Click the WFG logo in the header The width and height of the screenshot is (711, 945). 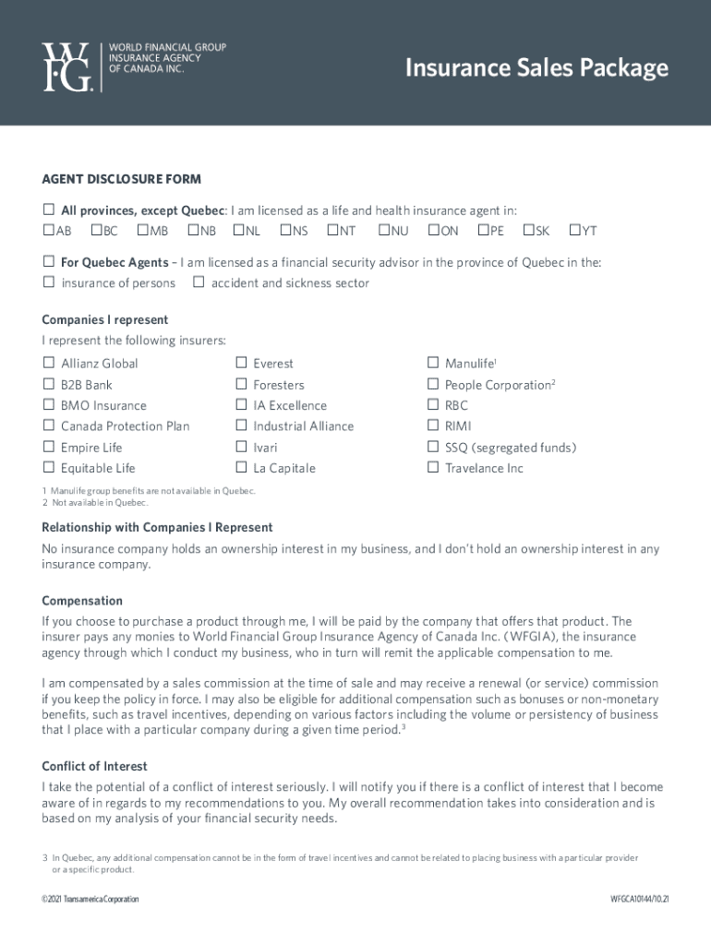[x=67, y=66]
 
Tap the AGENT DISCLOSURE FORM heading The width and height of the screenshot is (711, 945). [x=121, y=179]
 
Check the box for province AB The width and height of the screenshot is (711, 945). [x=48, y=230]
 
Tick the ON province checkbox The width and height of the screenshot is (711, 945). [x=433, y=230]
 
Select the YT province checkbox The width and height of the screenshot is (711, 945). [x=574, y=230]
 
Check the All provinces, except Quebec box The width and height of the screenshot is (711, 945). [x=48, y=209]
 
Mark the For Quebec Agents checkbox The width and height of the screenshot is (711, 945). [x=48, y=262]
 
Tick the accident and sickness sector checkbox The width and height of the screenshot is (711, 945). [x=199, y=282]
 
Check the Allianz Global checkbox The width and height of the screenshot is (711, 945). [x=48, y=363]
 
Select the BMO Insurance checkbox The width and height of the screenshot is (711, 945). [x=48, y=405]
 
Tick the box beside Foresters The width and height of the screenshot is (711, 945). [x=241, y=384]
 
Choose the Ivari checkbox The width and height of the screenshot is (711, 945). [x=241, y=447]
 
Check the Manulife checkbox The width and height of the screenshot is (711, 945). [x=432, y=363]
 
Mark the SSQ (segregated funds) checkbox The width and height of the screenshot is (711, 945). [x=432, y=447]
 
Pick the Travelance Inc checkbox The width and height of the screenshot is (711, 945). [x=432, y=468]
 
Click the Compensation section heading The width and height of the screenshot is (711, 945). [x=82, y=601]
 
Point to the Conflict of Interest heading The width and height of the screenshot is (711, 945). [x=94, y=766]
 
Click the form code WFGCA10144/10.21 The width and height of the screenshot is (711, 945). [x=639, y=899]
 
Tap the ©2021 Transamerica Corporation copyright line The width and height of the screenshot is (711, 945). [x=90, y=899]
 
